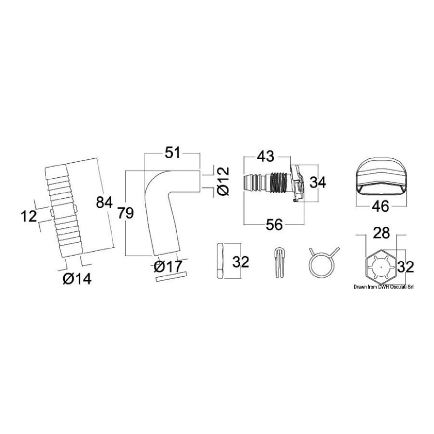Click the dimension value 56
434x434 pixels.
[x=274, y=225]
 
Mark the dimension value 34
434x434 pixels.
[x=317, y=183]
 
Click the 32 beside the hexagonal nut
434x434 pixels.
[x=405, y=266]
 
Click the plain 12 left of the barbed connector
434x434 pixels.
[x=28, y=216]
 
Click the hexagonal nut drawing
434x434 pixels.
[x=381, y=267]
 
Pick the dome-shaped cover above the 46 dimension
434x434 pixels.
[x=381, y=182]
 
